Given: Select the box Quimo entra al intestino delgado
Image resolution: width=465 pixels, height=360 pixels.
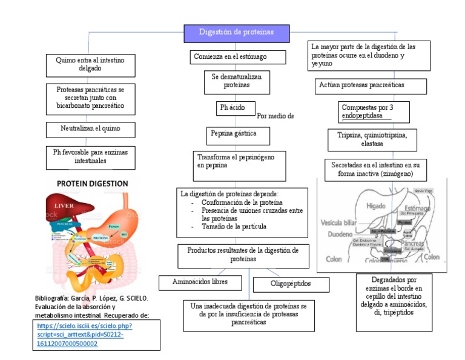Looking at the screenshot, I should [90, 65].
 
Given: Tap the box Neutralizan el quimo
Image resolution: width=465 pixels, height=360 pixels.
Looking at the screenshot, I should [90, 130].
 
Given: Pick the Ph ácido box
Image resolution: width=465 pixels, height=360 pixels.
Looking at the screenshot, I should [232, 108].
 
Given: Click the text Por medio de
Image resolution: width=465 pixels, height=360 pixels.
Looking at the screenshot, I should [275, 116].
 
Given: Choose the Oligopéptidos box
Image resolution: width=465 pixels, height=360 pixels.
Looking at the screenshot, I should [291, 284].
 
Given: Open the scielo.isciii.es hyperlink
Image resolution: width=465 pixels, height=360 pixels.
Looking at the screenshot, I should [84, 335].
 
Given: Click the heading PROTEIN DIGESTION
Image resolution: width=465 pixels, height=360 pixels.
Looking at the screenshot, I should [93, 182].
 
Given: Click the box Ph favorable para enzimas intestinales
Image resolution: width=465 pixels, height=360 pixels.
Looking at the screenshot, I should [90, 157].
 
